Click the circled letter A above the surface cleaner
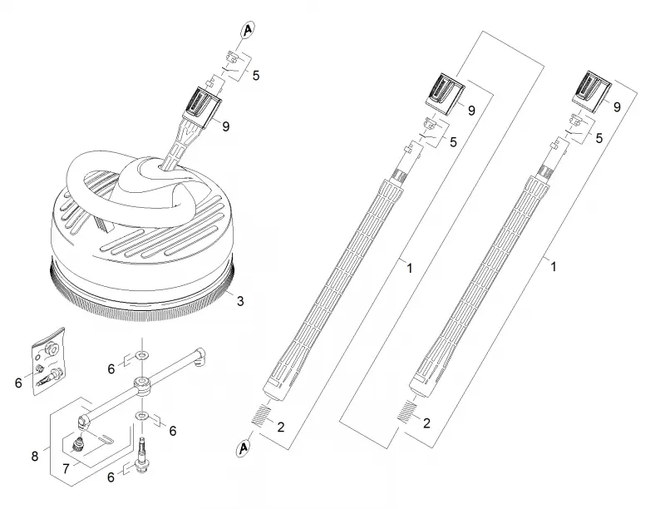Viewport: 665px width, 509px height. coord(247,30)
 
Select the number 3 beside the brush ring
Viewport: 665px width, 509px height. coord(240,301)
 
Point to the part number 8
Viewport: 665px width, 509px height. coord(35,456)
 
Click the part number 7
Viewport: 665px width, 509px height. coord(66,469)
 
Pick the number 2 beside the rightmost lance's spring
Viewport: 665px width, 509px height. coord(426,423)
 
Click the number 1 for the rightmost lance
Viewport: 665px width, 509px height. coord(553,267)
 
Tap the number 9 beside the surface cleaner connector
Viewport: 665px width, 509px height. coord(225,126)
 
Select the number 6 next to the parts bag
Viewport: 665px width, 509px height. coord(18,383)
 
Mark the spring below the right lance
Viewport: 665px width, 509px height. coord(406,411)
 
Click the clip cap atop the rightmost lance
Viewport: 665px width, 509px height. coord(591,92)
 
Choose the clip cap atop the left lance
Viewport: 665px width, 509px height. coord(446,94)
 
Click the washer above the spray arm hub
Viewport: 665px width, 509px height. coord(142,353)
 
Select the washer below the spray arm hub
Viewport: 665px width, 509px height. coord(141,415)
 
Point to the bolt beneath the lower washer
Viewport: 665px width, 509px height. coord(141,453)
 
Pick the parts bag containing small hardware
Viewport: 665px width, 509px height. coord(49,361)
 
